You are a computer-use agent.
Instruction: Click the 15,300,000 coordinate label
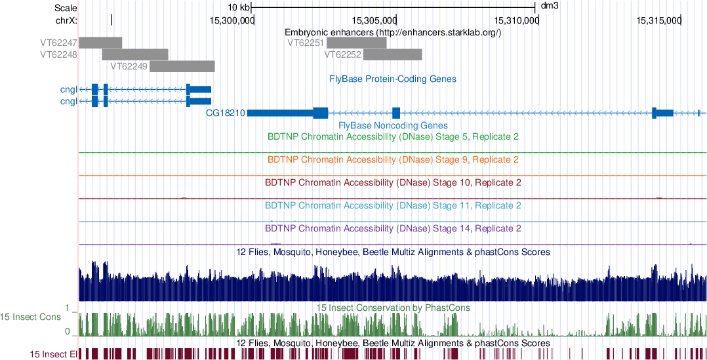tap(232, 20)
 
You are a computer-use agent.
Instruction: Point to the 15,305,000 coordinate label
tap(374, 20)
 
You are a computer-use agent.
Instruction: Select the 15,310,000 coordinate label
tap(516, 20)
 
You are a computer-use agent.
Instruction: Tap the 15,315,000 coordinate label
tap(659, 20)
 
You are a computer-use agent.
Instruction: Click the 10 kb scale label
tap(238, 7)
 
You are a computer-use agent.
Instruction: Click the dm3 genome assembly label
tap(550, 7)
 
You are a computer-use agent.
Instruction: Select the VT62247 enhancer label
tap(59, 43)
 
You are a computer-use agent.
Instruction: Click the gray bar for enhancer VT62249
tap(182, 66)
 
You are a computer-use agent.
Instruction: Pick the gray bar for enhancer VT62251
tap(356, 43)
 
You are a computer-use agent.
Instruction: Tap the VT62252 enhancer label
tap(343, 54)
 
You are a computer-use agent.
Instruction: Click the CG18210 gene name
tap(226, 113)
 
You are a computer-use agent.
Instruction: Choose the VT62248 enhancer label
tap(59, 54)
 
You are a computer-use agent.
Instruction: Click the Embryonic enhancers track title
tap(393, 32)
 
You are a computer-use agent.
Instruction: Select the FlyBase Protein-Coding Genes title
tap(393, 79)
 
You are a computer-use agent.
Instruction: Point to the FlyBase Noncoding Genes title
tap(393, 125)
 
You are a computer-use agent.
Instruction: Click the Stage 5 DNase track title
tap(394, 137)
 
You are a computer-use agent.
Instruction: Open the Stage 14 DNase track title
tap(394, 228)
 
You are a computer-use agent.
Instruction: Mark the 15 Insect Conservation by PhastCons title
tap(393, 307)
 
